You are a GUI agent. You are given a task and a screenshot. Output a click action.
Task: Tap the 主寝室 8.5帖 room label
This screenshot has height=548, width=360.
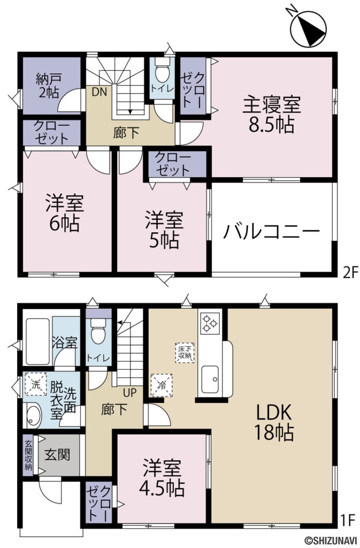tap(273, 114)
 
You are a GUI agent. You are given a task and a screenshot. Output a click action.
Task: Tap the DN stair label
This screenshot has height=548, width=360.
tap(99, 91)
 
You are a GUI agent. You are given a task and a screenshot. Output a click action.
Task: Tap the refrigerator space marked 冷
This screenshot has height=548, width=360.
tap(162, 383)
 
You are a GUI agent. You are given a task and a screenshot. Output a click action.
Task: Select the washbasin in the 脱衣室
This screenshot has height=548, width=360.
tap(34, 415)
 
